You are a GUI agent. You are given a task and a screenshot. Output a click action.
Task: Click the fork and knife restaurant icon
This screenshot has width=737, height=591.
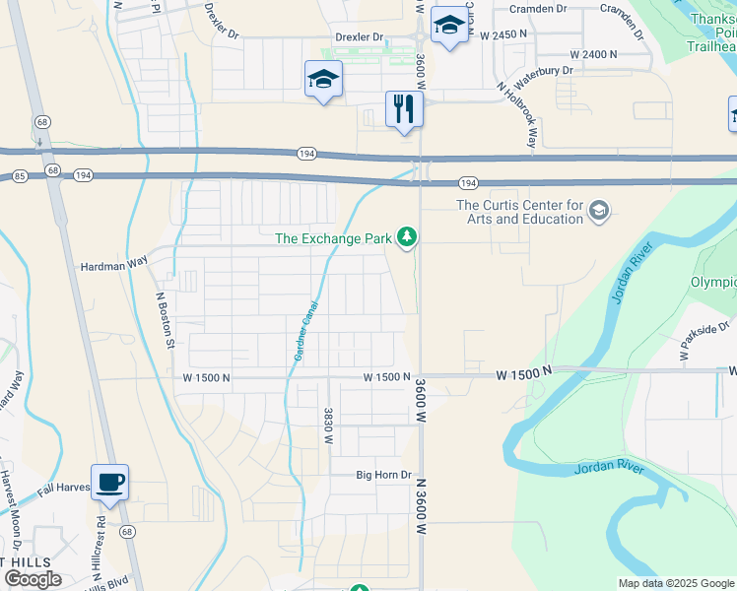403,107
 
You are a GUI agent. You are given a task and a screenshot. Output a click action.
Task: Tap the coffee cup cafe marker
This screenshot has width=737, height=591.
110,482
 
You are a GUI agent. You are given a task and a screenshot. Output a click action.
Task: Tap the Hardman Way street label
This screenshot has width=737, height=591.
113,266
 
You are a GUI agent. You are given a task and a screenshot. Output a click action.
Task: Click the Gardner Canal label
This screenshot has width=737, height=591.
305,330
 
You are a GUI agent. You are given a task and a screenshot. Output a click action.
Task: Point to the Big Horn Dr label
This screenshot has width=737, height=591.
383,475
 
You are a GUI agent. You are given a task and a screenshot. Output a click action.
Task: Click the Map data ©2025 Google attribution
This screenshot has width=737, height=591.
676,583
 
